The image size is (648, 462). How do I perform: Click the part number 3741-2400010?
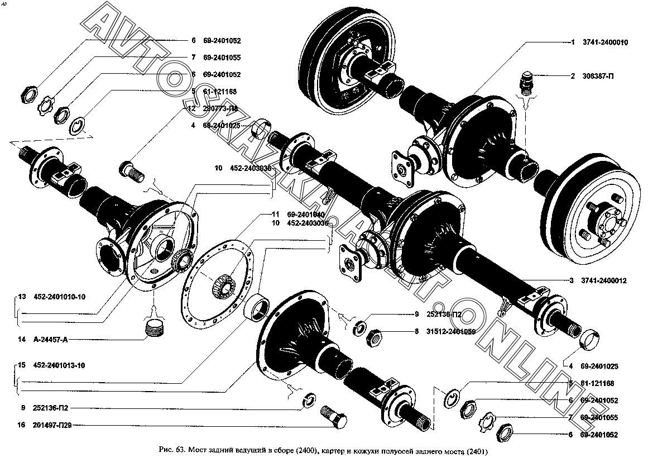click(606, 42)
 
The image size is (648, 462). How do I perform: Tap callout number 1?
click(572, 42)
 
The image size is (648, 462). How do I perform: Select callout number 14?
click(21, 339)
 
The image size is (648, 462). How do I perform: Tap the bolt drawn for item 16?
click(334, 418)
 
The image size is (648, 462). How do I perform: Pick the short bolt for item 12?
click(129, 169)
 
